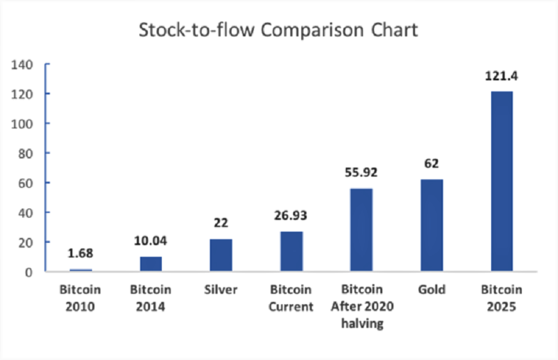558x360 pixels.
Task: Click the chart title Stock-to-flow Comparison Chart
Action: pyautogui.click(x=278, y=30)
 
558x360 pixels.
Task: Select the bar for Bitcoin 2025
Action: pyautogui.click(x=502, y=181)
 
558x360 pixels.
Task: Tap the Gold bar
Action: pyautogui.click(x=432, y=225)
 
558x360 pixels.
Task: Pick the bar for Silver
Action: pyautogui.click(x=221, y=255)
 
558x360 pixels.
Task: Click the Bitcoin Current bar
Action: pyautogui.click(x=292, y=251)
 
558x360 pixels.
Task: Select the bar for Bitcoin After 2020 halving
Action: pyautogui.click(x=361, y=230)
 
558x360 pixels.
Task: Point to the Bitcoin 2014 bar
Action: pyautogui.click(x=151, y=264)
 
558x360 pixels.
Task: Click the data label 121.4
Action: pyautogui.click(x=502, y=76)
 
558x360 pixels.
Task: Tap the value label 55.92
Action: pyautogui.click(x=361, y=172)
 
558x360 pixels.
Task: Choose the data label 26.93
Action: pyautogui.click(x=290, y=216)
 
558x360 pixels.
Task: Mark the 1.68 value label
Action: pyautogui.click(x=80, y=253)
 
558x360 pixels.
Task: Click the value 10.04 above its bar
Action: pyautogui.click(x=151, y=241)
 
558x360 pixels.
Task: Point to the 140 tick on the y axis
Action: pyautogui.click(x=22, y=65)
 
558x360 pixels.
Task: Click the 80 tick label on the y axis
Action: pyautogui.click(x=26, y=153)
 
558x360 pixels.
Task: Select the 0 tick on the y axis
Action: pyautogui.click(x=29, y=272)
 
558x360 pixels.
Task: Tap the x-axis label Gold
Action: pyautogui.click(x=432, y=290)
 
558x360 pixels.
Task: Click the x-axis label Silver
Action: pyautogui.click(x=220, y=290)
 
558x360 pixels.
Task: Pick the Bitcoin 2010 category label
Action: pyautogui.click(x=80, y=298)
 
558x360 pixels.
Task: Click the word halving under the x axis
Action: pyautogui.click(x=362, y=324)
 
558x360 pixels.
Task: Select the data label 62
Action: pyautogui.click(x=432, y=163)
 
